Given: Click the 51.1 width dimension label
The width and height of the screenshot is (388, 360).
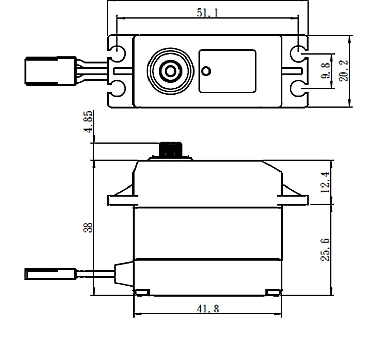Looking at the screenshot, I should [207, 12].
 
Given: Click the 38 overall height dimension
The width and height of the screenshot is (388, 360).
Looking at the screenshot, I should [88, 227].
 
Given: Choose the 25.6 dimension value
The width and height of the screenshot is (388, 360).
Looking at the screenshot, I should [325, 250].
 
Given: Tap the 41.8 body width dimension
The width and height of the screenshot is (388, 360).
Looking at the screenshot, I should [207, 309].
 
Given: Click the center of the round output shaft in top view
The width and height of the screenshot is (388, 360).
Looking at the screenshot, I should [168, 70].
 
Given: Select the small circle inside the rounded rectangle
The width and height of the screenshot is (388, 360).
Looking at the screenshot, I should [206, 70].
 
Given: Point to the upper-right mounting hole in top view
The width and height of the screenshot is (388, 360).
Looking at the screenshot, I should [297, 53].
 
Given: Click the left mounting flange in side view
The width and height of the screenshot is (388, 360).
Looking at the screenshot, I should [121, 198].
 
